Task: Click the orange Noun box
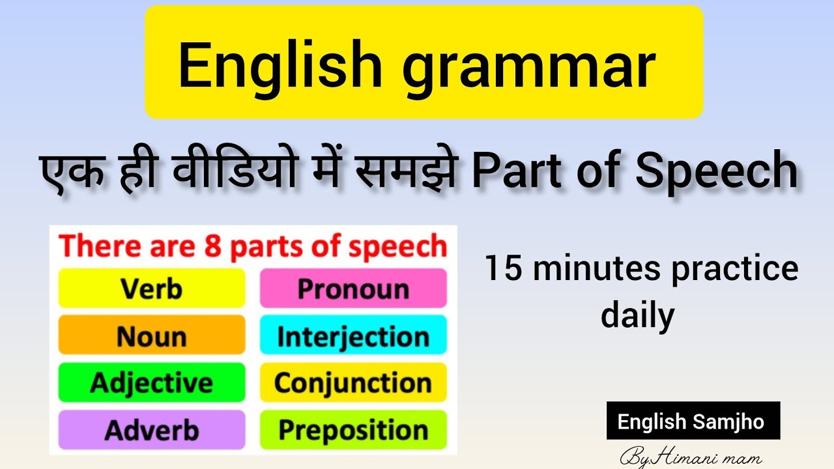152,336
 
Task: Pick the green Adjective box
152,382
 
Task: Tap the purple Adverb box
152,430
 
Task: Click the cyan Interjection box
353,336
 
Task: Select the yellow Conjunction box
353,382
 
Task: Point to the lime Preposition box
353,430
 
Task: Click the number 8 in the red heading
211,248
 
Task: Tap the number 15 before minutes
503,269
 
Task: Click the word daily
637,316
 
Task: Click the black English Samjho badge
693,421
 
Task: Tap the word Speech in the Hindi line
717,171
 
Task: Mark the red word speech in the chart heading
405,248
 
